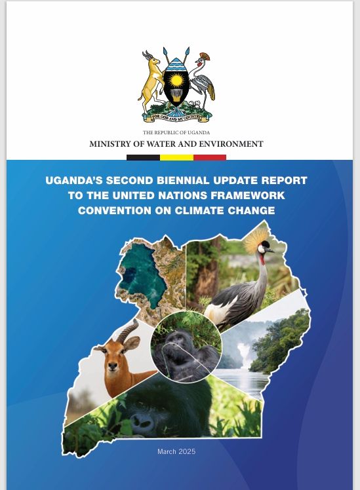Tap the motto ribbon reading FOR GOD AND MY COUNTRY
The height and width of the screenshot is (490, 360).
click(176, 118)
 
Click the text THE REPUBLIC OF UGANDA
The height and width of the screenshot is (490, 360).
click(176, 133)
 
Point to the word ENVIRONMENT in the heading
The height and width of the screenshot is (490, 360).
click(233, 144)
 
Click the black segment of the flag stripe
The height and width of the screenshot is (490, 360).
click(143, 157)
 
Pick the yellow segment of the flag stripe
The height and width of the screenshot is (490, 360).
click(176, 157)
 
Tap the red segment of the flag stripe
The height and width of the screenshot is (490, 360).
click(210, 157)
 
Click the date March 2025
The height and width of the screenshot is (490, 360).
click(176, 451)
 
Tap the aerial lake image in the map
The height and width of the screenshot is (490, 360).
click(148, 275)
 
